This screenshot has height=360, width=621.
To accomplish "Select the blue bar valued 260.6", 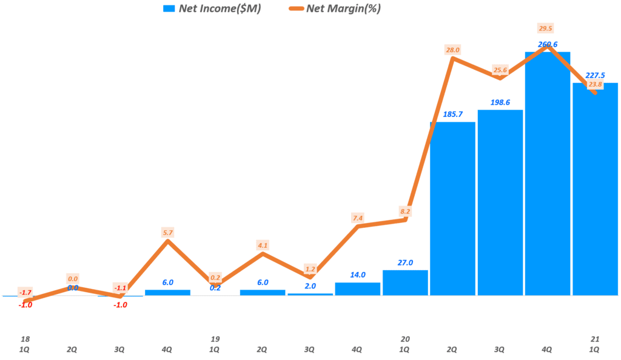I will coord(548,176).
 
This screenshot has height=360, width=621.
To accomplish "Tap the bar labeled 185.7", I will coord(452,209).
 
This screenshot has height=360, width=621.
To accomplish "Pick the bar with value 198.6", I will coord(500,203).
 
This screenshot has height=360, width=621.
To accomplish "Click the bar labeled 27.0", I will coord(405,283).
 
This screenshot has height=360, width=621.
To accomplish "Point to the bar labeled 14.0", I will coord(358,289).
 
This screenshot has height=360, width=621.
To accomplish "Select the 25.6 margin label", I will coord(500,70).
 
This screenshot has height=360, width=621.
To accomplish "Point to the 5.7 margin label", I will coord(168,232).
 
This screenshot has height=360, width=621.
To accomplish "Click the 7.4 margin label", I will coord(357,218).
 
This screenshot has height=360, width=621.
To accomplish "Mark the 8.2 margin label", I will coord(405,212).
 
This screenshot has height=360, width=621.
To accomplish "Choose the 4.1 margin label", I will coord(263,245).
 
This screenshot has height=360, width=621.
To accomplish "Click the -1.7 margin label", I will coord(25,292).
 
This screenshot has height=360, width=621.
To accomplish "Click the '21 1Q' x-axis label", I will coord(594,344).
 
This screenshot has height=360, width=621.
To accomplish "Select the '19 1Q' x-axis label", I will coord(215,344).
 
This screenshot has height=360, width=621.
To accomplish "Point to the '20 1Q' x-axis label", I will coord(405,344).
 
